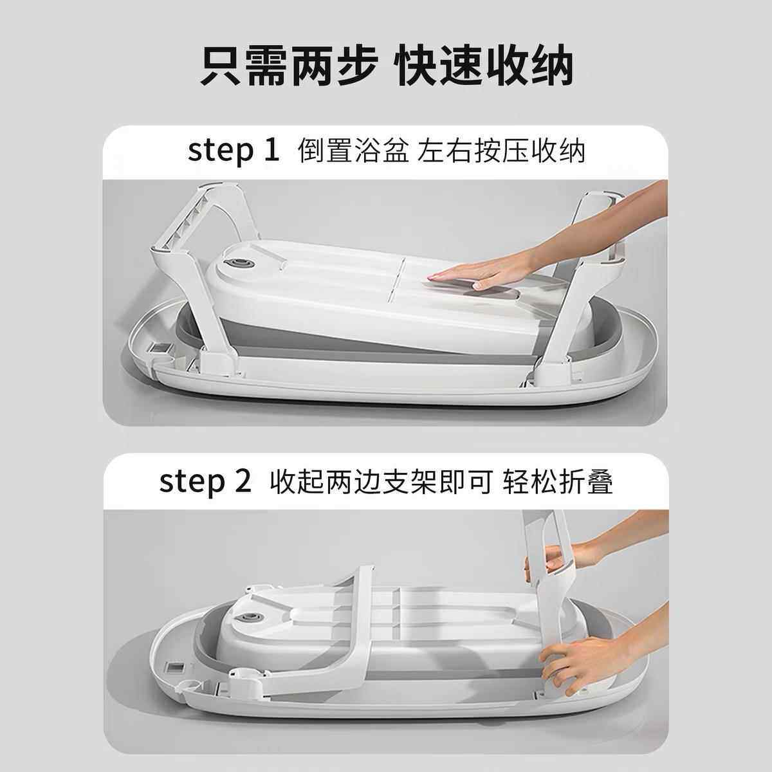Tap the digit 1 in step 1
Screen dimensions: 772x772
tap(270, 151)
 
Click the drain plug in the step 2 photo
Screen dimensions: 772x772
tap(246, 618)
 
